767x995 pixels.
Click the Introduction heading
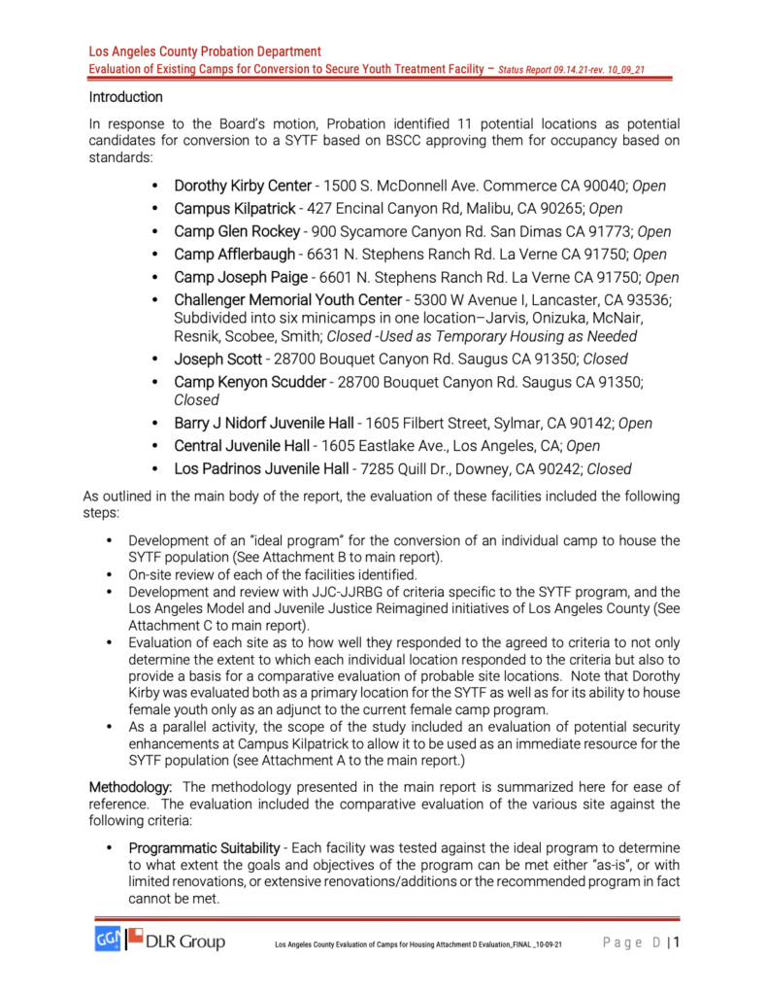point(126,97)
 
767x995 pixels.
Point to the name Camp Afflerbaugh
point(234,255)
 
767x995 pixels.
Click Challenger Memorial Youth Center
point(287,300)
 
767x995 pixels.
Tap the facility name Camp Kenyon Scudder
point(250,382)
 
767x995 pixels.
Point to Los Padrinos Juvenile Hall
point(260,469)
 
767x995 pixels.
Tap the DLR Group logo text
point(185,942)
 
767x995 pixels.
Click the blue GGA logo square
point(106,941)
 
